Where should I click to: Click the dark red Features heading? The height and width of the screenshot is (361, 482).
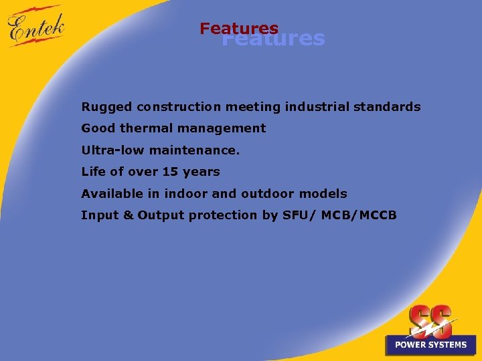[238, 29]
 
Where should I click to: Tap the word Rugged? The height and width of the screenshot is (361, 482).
[106, 107]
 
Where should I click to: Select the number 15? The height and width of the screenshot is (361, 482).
[170, 172]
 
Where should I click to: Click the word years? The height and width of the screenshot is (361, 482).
[201, 172]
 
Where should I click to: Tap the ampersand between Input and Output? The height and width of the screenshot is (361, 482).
[129, 215]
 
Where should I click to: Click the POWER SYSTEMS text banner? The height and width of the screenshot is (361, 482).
[430, 345]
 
